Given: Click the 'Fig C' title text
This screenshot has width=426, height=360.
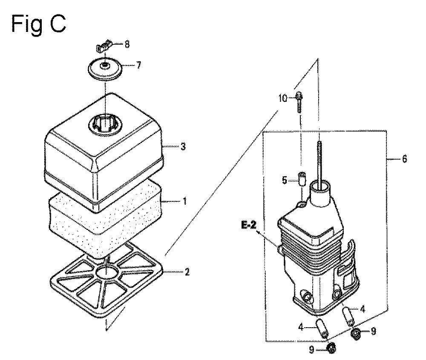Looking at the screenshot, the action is (38, 24).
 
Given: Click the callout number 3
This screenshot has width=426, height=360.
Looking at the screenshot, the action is (183, 146).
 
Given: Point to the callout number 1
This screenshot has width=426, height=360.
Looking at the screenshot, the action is (184, 201).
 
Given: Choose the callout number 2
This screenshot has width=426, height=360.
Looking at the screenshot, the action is (187, 272).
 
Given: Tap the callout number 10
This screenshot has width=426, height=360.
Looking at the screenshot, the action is (283, 98).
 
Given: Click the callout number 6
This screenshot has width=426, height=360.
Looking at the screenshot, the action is (405, 159).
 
